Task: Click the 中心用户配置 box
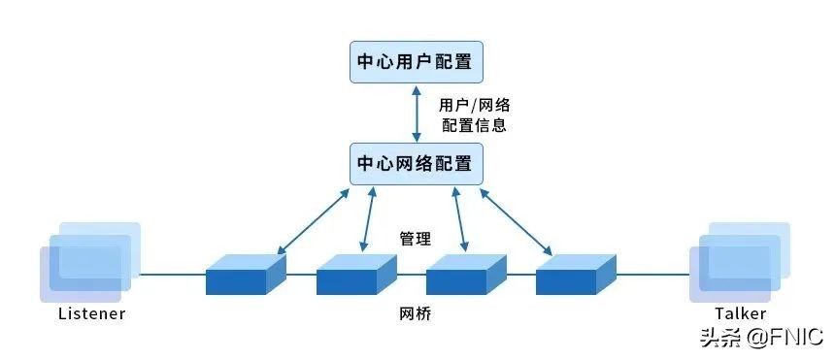coord(417,62)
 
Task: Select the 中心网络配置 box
coord(417,162)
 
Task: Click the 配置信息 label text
coord(473,125)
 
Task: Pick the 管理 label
coord(416,238)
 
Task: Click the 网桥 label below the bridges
coord(415,314)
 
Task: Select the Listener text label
coord(92,314)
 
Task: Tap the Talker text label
coord(741,313)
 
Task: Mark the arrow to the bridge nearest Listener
coord(313,222)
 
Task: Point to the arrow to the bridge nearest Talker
coord(517,222)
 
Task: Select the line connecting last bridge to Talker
coord(652,275)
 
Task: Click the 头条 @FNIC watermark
coord(763,338)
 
